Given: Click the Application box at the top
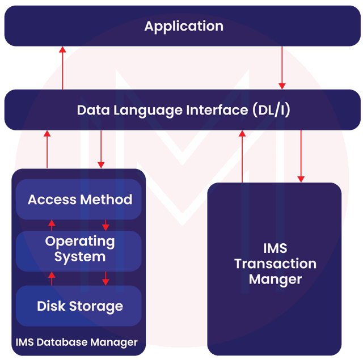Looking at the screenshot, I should pyautogui.click(x=183, y=26).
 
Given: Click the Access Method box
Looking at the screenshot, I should pyautogui.click(x=79, y=200).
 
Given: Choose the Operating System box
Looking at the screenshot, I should pyautogui.click(x=79, y=249).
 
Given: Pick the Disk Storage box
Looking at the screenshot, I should pyautogui.click(x=79, y=306).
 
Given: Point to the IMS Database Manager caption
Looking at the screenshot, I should pyautogui.click(x=77, y=342).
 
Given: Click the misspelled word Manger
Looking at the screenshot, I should pyautogui.click(x=275, y=279).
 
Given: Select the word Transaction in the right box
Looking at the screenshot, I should pyautogui.click(x=275, y=264).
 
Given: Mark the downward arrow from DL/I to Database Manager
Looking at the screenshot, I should pyautogui.click(x=101, y=149).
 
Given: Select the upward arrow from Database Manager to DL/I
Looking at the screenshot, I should pyautogui.click(x=48, y=149).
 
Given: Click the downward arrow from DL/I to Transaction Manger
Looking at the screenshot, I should pyautogui.click(x=301, y=156).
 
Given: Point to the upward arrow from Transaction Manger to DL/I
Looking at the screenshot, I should pyautogui.click(x=243, y=156).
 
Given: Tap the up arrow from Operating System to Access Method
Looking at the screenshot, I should pyautogui.click(x=52, y=225).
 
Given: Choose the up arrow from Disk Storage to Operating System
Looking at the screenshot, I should pyautogui.click(x=52, y=279).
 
